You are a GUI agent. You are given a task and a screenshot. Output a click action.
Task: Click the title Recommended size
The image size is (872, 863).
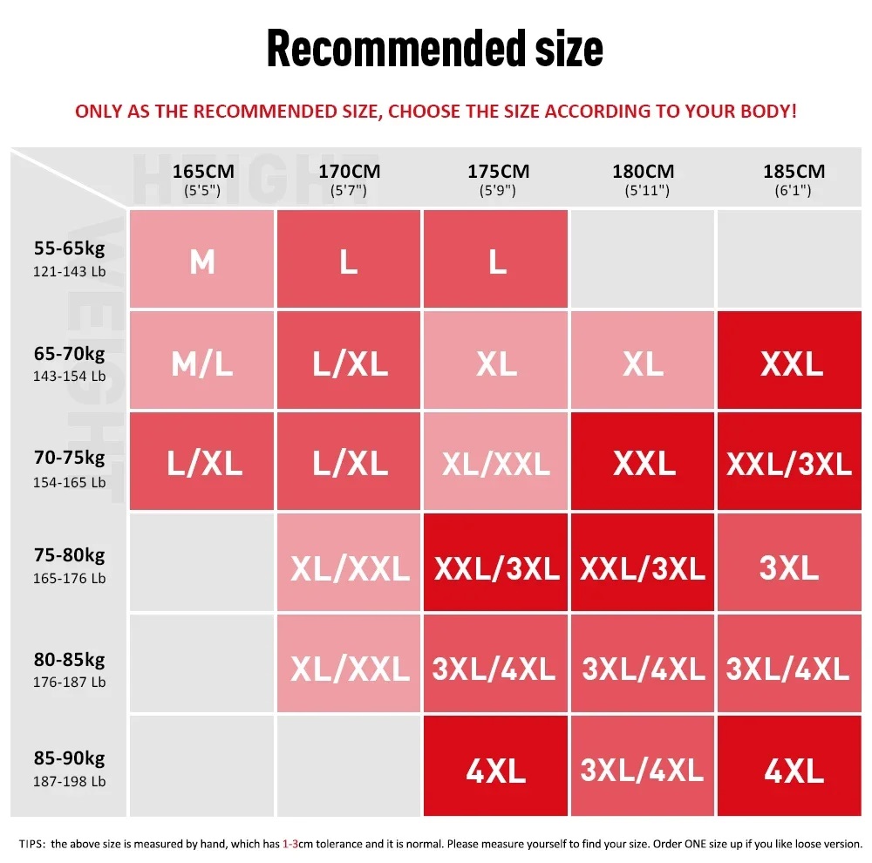tap(434, 48)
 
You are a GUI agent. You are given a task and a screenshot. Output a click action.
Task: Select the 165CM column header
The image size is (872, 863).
tap(202, 179)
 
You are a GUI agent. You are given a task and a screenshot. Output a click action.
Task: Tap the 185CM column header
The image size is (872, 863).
tap(793, 179)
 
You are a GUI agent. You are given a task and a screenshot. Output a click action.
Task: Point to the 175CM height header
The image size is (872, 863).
tap(498, 179)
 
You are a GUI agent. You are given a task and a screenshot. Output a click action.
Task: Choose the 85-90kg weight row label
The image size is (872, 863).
tap(69, 768)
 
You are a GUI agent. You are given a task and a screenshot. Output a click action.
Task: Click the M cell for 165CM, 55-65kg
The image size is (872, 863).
tap(202, 260)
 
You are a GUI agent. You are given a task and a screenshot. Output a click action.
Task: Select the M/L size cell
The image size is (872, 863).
tap(202, 363)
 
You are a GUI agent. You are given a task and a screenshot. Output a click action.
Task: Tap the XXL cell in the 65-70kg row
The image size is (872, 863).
tap(792, 363)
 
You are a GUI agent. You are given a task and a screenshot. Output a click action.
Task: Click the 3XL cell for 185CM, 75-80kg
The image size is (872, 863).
tap(790, 567)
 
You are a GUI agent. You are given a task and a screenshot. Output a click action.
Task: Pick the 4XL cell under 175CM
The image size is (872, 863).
tap(496, 769)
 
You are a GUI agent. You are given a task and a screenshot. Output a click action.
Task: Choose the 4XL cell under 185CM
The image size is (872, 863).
tap(794, 769)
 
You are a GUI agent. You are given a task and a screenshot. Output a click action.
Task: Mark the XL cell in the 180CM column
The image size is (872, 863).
tap(644, 363)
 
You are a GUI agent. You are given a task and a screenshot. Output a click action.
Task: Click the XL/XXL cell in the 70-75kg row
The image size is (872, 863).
tap(496, 463)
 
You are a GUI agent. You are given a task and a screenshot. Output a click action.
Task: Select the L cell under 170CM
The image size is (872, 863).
tap(349, 260)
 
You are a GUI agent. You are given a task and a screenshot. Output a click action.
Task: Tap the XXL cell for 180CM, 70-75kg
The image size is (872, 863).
tap(644, 463)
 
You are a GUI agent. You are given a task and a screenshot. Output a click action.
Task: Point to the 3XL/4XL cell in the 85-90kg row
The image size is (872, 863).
tap(643, 769)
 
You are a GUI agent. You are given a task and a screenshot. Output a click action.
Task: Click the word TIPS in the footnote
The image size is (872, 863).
tap(32, 843)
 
